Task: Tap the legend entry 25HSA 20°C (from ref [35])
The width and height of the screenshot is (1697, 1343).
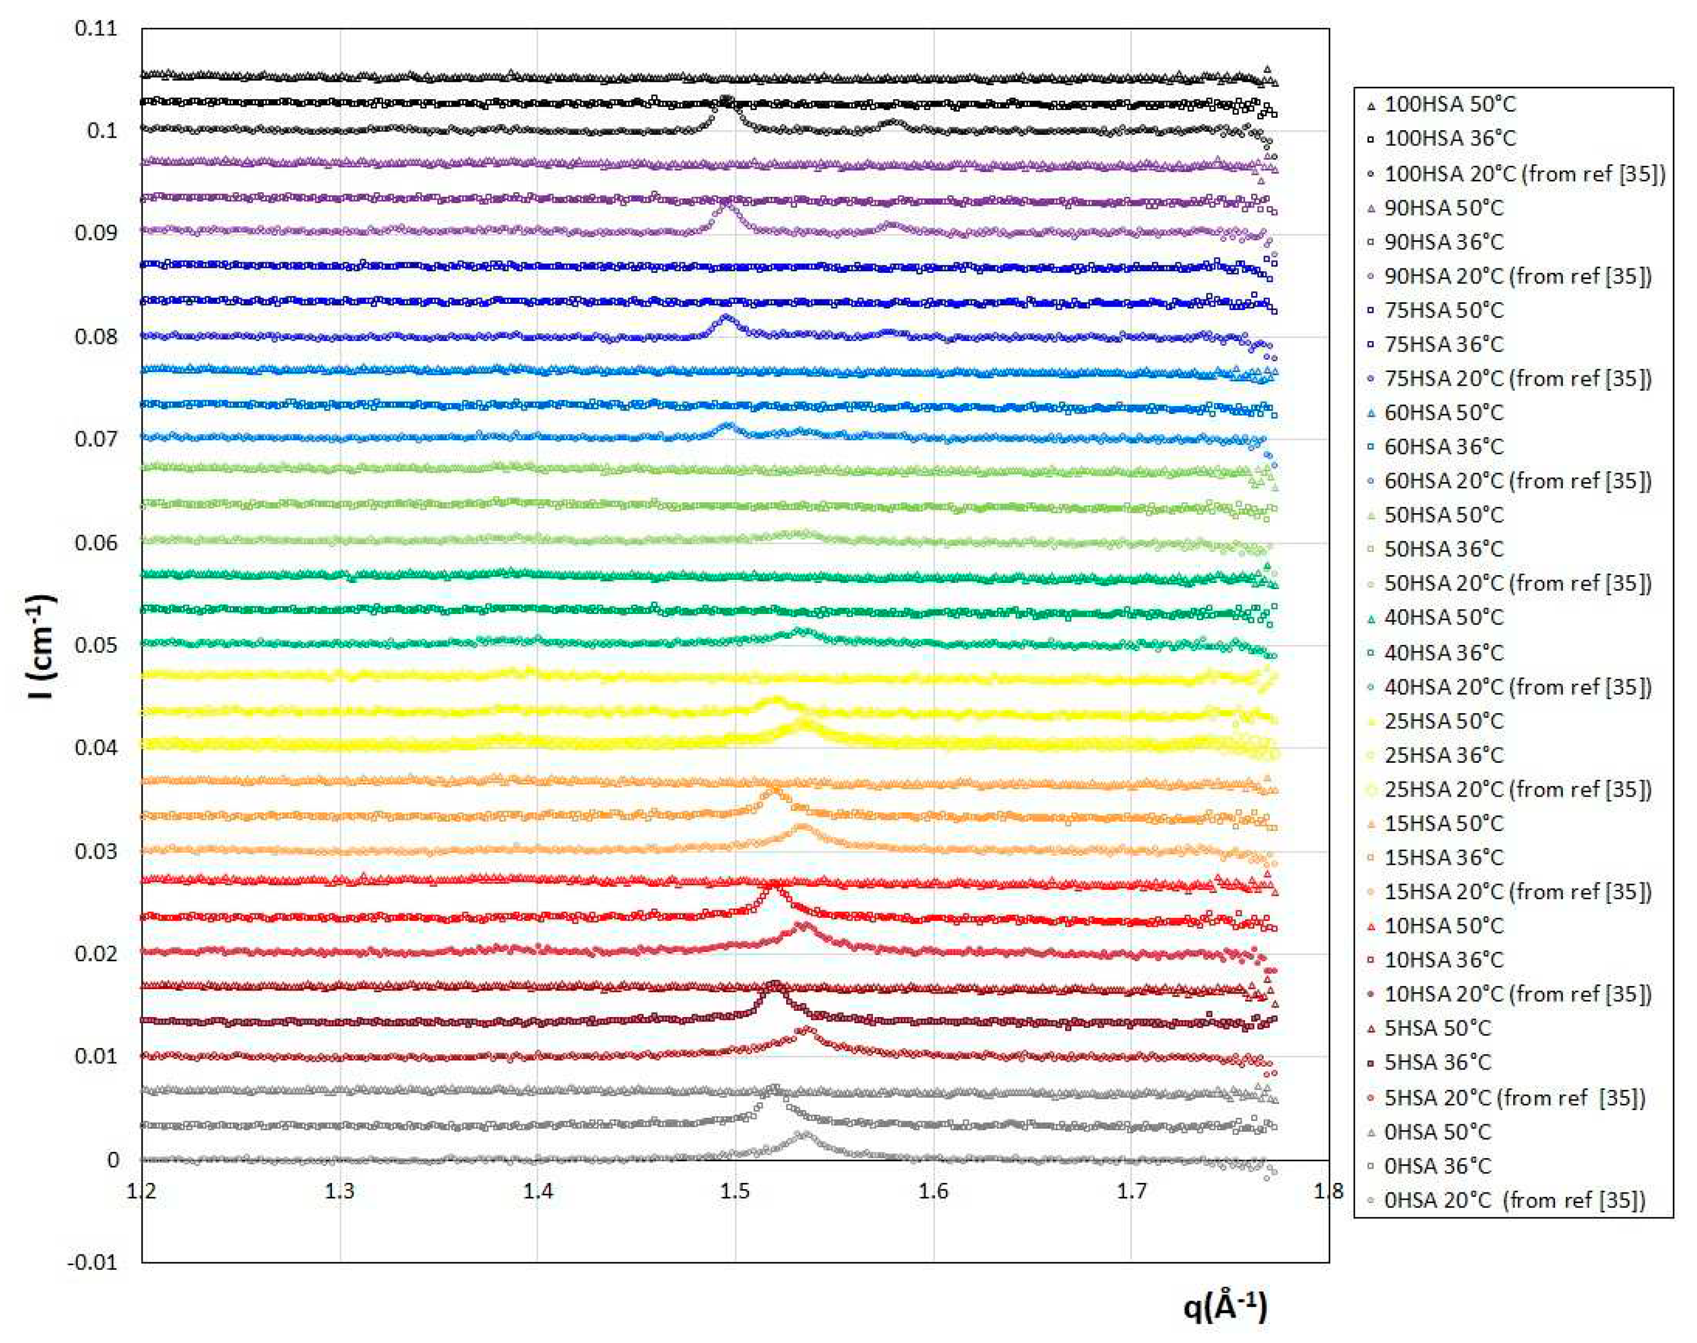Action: point(1517,789)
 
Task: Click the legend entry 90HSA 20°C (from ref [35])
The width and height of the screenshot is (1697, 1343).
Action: point(1517,276)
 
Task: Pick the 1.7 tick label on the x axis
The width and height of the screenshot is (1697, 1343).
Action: point(1131,1191)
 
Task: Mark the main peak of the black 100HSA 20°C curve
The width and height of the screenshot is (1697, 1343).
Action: point(725,100)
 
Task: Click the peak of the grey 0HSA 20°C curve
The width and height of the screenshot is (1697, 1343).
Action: point(803,1134)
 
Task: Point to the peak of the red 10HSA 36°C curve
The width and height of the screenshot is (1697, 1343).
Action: point(771,889)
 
